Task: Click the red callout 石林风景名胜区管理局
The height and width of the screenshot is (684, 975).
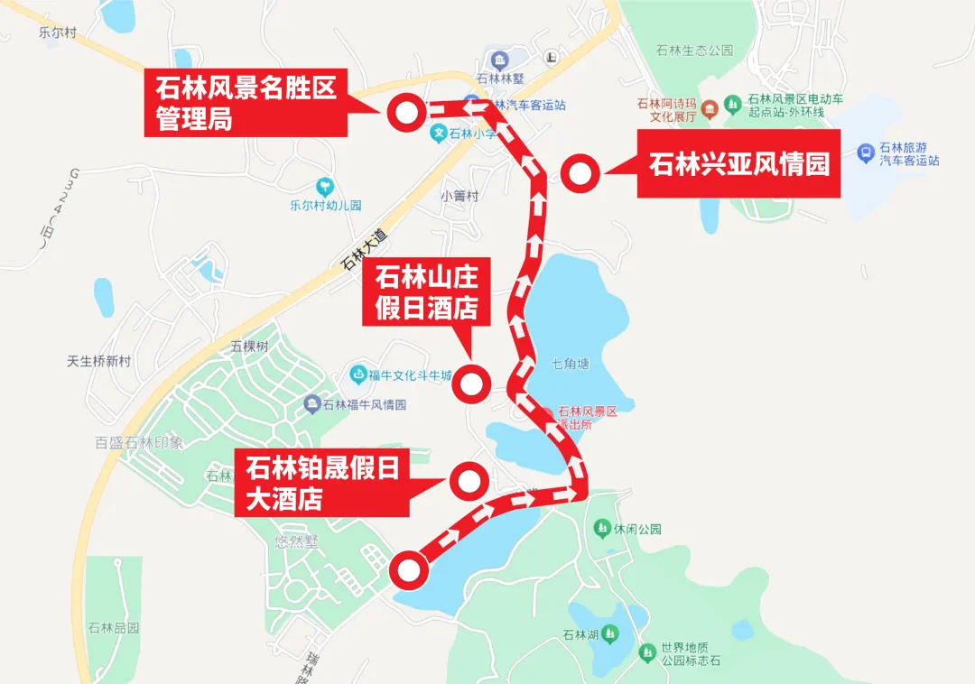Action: pyautogui.click(x=246, y=104)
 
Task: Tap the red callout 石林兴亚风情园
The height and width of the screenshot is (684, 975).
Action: pyautogui.click(x=738, y=164)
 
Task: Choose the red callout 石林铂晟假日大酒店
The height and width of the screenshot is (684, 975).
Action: pyautogui.click(x=322, y=484)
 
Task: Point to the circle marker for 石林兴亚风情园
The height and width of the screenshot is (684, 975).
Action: pyautogui.click(x=579, y=173)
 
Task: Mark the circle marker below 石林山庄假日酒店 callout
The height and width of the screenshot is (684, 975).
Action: pyautogui.click(x=470, y=385)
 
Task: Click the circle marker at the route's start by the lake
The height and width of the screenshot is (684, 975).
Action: pyautogui.click(x=408, y=569)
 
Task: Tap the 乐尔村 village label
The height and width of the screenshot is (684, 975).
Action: pyautogui.click(x=58, y=32)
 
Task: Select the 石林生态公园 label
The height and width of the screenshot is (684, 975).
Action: pyautogui.click(x=695, y=51)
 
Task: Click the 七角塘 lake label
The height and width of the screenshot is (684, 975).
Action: pyautogui.click(x=571, y=364)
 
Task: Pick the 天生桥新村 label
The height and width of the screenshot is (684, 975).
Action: pyautogui.click(x=99, y=361)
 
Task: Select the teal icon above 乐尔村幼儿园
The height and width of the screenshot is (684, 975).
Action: pyautogui.click(x=324, y=187)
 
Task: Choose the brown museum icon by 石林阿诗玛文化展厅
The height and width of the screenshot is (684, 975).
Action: pyautogui.click(x=710, y=110)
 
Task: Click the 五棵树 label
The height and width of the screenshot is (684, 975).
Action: pyautogui.click(x=249, y=346)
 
